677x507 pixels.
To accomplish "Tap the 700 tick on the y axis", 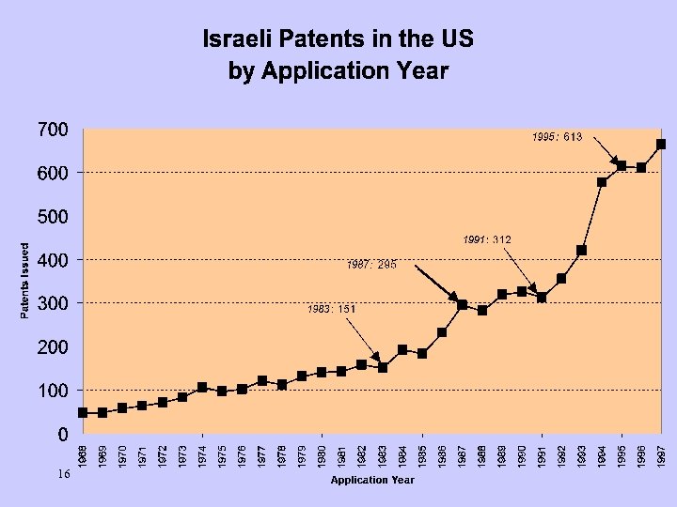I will [53, 130].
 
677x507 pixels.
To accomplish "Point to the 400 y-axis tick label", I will [53, 260].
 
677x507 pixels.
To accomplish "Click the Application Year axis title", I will [371, 480].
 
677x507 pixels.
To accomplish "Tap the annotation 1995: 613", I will [557, 137].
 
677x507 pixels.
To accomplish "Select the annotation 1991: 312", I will [486, 240].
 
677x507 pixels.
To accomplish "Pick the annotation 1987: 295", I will [371, 265].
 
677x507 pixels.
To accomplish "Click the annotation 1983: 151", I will [331, 308].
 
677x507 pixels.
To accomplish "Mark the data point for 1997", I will [661, 144].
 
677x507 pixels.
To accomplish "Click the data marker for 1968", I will [83, 412].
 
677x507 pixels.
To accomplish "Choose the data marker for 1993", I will [581, 251].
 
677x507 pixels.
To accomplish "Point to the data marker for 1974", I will [202, 387].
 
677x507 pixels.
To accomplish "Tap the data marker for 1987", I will [462, 305].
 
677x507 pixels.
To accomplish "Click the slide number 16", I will [62, 475].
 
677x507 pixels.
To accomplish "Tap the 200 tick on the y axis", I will [53, 347].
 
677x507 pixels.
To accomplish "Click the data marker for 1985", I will [422, 354].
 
